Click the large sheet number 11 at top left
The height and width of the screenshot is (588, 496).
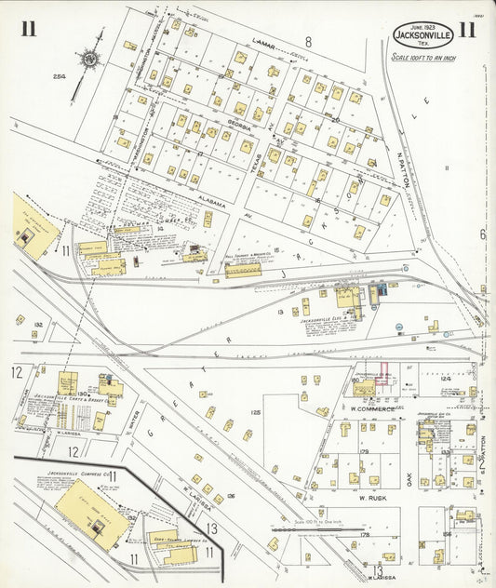29,29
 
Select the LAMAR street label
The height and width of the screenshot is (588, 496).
265,41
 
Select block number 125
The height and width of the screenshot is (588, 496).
255,410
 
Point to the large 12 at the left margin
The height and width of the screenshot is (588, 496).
16,372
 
